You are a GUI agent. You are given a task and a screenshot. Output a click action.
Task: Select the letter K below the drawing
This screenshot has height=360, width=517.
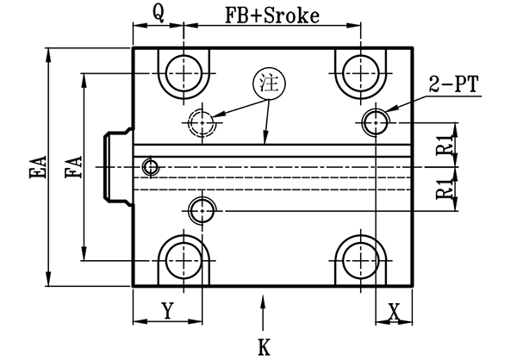[265, 347]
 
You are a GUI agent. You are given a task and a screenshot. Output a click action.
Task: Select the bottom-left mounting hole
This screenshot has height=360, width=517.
[184, 258]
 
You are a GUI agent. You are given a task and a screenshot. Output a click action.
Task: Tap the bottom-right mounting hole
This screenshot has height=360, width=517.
[356, 258]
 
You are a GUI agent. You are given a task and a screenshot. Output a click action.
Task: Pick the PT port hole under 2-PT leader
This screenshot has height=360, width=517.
[375, 122]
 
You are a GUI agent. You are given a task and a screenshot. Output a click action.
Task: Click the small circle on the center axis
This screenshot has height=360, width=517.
[152, 165]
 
